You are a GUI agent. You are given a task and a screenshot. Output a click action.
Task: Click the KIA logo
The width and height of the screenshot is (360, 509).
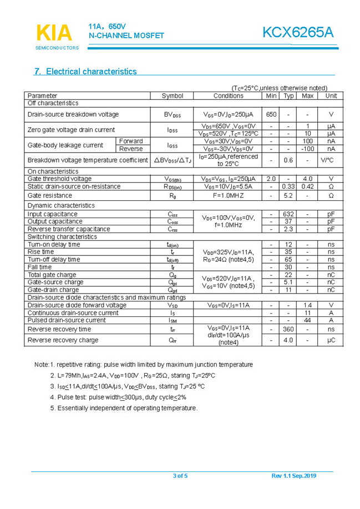pyautogui.click(x=54, y=33)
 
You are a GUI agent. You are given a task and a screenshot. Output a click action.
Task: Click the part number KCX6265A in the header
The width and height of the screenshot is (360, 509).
pyautogui.click(x=298, y=33)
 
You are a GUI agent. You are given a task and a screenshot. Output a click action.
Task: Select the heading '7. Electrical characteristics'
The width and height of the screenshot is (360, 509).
pyautogui.click(x=85, y=72)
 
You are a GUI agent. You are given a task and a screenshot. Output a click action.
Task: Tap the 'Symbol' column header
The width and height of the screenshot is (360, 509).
pyautogui.click(x=173, y=96)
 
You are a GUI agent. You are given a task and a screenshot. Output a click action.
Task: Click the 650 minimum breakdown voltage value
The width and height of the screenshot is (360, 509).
pyautogui.click(x=271, y=114)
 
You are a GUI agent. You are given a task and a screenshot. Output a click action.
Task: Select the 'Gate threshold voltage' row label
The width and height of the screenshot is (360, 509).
pyautogui.click(x=60, y=179)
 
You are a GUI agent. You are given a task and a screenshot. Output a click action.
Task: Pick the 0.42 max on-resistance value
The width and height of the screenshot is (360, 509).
pyautogui.click(x=307, y=187)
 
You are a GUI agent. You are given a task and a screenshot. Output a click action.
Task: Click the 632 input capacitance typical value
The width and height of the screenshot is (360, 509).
pyautogui.click(x=288, y=214)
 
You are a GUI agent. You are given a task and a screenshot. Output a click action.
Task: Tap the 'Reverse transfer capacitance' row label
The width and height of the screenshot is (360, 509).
pyautogui.click(x=69, y=229)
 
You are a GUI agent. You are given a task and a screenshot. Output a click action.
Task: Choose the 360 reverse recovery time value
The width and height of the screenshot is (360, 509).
pyautogui.click(x=288, y=329)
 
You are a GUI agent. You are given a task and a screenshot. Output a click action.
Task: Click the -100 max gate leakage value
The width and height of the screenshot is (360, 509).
pyautogui.click(x=307, y=149)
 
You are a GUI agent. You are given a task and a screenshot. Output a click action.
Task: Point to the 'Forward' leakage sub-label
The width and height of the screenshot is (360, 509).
pyautogui.click(x=131, y=141)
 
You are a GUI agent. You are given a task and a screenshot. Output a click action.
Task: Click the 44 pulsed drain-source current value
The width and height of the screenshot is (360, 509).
pyautogui.click(x=307, y=320)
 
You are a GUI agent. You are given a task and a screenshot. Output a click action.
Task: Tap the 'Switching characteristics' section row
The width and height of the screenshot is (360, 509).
pyautogui.click(x=62, y=237)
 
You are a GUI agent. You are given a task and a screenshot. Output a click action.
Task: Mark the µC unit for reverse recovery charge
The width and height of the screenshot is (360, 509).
pyautogui.click(x=331, y=340)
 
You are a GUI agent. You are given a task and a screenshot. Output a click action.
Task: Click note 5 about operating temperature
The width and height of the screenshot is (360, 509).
pyautogui.click(x=123, y=408)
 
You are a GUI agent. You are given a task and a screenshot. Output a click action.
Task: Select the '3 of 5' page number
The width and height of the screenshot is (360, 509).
pyautogui.click(x=180, y=476)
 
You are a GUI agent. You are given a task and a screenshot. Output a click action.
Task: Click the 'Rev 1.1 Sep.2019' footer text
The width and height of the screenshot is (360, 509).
pyautogui.click(x=293, y=476)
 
